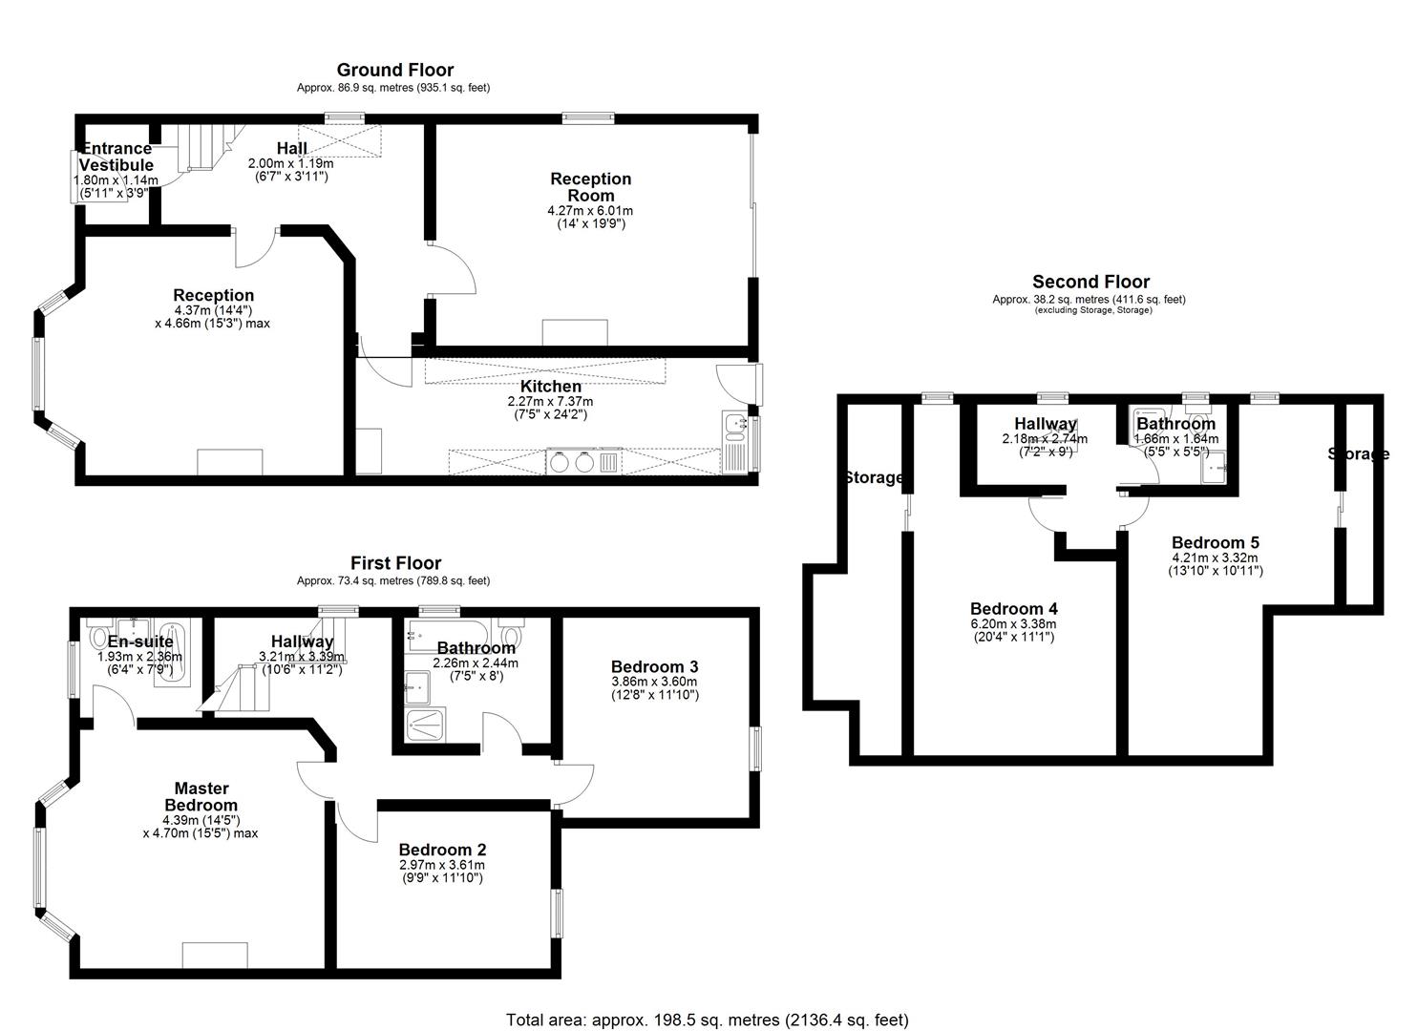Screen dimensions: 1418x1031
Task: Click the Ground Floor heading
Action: [x=395, y=70]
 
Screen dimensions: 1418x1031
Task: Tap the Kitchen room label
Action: [x=551, y=386]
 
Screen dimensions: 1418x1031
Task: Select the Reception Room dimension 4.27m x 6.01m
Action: [x=590, y=211]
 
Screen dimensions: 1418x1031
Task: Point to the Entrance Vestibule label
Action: [x=116, y=157]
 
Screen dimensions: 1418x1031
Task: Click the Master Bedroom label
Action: [x=201, y=796]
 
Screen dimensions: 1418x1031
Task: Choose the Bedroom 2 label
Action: [x=442, y=850]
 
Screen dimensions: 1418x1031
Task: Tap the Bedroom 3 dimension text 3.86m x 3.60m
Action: [x=654, y=682]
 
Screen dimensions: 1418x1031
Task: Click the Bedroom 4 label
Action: [x=1014, y=608]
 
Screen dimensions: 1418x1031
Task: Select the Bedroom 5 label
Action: [x=1216, y=542]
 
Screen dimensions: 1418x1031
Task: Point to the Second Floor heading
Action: [x=1090, y=282]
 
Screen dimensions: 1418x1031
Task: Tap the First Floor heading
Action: [x=395, y=562]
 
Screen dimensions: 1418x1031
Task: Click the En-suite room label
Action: [x=140, y=642]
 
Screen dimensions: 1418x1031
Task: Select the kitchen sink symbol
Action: [x=734, y=427]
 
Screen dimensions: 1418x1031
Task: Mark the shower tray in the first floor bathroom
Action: [x=426, y=726]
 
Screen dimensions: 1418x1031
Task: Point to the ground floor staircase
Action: [x=203, y=147]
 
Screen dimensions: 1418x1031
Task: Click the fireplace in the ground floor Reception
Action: [x=230, y=462]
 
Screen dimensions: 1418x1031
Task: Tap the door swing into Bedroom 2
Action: [x=357, y=821]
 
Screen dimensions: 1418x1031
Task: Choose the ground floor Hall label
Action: [x=292, y=148]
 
